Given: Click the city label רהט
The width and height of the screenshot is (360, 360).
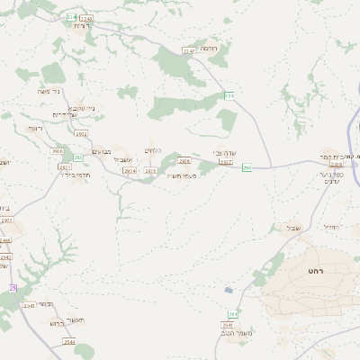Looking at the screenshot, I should pyautogui.click(x=314, y=270).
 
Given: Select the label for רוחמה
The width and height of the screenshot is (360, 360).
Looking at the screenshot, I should pyautogui.click(x=208, y=47).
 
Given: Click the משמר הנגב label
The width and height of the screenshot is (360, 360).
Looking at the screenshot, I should pyautogui.click(x=235, y=334).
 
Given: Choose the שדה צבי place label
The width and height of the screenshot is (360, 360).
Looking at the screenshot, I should pyautogui.click(x=224, y=153).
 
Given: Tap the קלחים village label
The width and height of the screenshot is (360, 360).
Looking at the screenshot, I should pyautogui.click(x=152, y=150).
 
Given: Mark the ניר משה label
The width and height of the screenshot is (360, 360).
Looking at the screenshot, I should pyautogui.click(x=50, y=91).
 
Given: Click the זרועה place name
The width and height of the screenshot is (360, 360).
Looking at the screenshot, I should pyautogui.click(x=35, y=128).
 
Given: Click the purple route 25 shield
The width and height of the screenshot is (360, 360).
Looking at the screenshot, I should pyautogui.click(x=13, y=288).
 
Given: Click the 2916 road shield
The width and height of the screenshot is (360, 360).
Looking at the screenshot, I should pyautogui.click(x=58, y=151).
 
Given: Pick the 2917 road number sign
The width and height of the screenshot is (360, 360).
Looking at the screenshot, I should pyautogui.click(x=225, y=163).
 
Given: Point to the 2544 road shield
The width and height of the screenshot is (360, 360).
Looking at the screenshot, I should pyautogui.click(x=69, y=342).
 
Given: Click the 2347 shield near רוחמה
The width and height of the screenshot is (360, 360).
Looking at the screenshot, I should pyautogui.click(x=188, y=51).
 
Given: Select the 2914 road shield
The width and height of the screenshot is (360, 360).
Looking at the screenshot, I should pyautogui.click(x=129, y=170).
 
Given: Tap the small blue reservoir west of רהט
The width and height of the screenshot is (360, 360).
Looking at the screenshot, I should pyautogui.click(x=229, y=290).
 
